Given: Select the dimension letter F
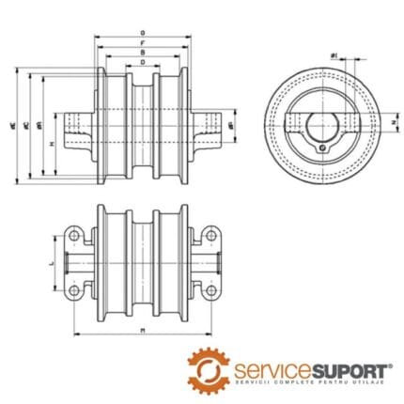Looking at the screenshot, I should tap(141, 43).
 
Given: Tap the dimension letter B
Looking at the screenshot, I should tap(141, 54).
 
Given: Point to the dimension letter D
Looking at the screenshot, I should tap(141, 64).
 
